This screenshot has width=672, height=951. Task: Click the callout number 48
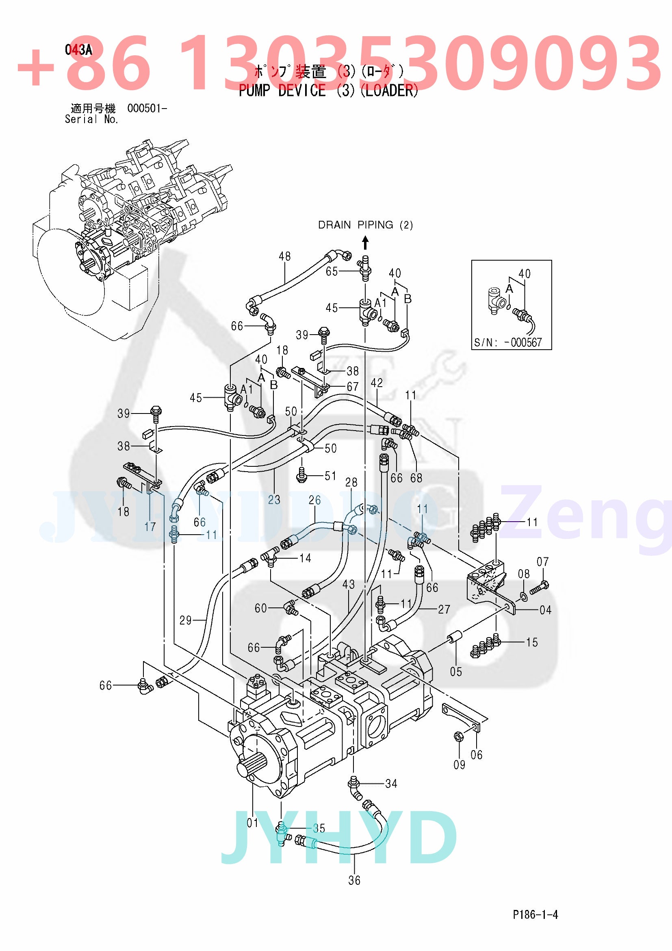coord(285,257)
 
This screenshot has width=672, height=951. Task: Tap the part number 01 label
coord(252,823)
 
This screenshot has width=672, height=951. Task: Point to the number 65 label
coord(332,271)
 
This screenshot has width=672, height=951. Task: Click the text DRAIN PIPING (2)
coord(365,225)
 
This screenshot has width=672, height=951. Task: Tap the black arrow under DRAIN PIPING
coord(365,243)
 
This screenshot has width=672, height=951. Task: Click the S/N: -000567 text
coord(508,342)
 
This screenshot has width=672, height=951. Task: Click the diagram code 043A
coord(78,50)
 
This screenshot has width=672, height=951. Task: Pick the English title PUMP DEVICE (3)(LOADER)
coord(329,90)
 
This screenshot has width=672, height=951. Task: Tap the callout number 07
coord(543,561)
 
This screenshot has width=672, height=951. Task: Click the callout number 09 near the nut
coord(460,765)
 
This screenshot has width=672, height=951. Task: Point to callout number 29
coord(185,620)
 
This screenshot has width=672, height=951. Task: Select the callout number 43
coord(349,584)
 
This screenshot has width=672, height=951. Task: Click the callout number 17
coord(150,527)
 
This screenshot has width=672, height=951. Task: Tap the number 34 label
coord(391,783)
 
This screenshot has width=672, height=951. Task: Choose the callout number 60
coord(261,608)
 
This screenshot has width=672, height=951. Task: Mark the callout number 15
coord(532,642)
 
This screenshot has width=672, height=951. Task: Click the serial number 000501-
coord(147,109)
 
